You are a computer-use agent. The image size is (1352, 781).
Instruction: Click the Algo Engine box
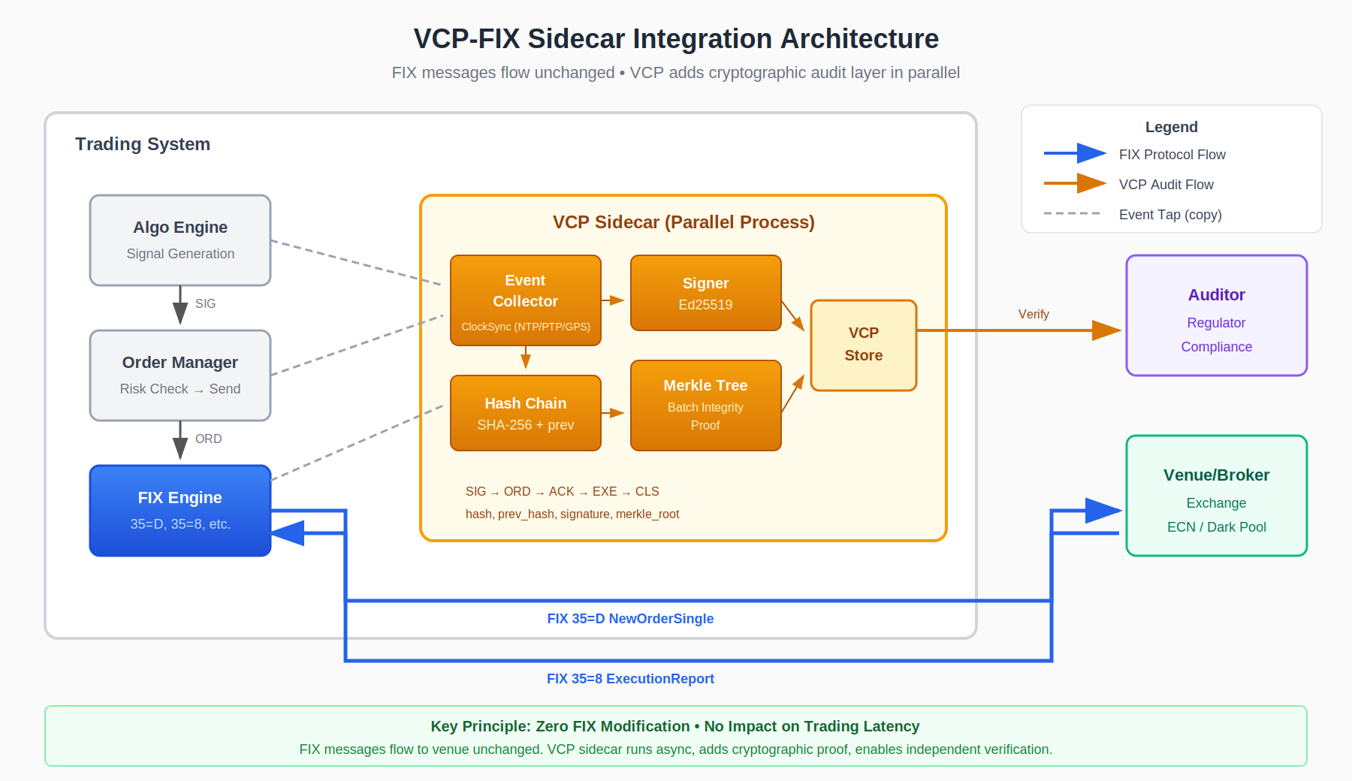click(x=180, y=240)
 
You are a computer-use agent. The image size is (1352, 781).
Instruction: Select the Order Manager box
click(x=180, y=375)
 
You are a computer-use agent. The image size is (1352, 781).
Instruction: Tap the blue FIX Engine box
click(x=180, y=511)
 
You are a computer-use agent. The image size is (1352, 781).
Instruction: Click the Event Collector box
click(x=526, y=300)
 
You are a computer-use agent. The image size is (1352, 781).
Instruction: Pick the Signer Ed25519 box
click(x=706, y=293)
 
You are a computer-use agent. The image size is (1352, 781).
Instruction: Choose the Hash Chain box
click(x=526, y=413)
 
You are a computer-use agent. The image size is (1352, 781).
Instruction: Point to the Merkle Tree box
click(x=706, y=406)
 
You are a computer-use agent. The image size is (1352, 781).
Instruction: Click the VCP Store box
click(x=864, y=345)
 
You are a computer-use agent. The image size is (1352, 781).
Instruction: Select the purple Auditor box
click(x=1217, y=315)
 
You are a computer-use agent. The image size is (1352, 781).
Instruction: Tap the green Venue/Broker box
click(x=1217, y=496)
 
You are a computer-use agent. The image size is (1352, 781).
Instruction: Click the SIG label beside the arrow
click(x=205, y=304)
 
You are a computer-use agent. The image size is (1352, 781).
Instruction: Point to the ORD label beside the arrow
click(x=208, y=439)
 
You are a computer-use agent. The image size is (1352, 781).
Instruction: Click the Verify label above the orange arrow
click(x=1034, y=315)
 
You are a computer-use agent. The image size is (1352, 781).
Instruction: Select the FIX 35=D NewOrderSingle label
click(x=630, y=619)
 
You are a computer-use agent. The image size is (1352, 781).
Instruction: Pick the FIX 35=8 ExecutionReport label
click(x=630, y=679)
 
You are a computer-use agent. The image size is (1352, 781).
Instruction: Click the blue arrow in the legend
click(x=1075, y=154)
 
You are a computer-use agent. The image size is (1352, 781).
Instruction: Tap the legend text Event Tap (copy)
click(x=1170, y=215)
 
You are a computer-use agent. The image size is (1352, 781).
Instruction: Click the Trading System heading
click(x=143, y=144)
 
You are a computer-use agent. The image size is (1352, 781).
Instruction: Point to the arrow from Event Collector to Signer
click(x=613, y=300)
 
